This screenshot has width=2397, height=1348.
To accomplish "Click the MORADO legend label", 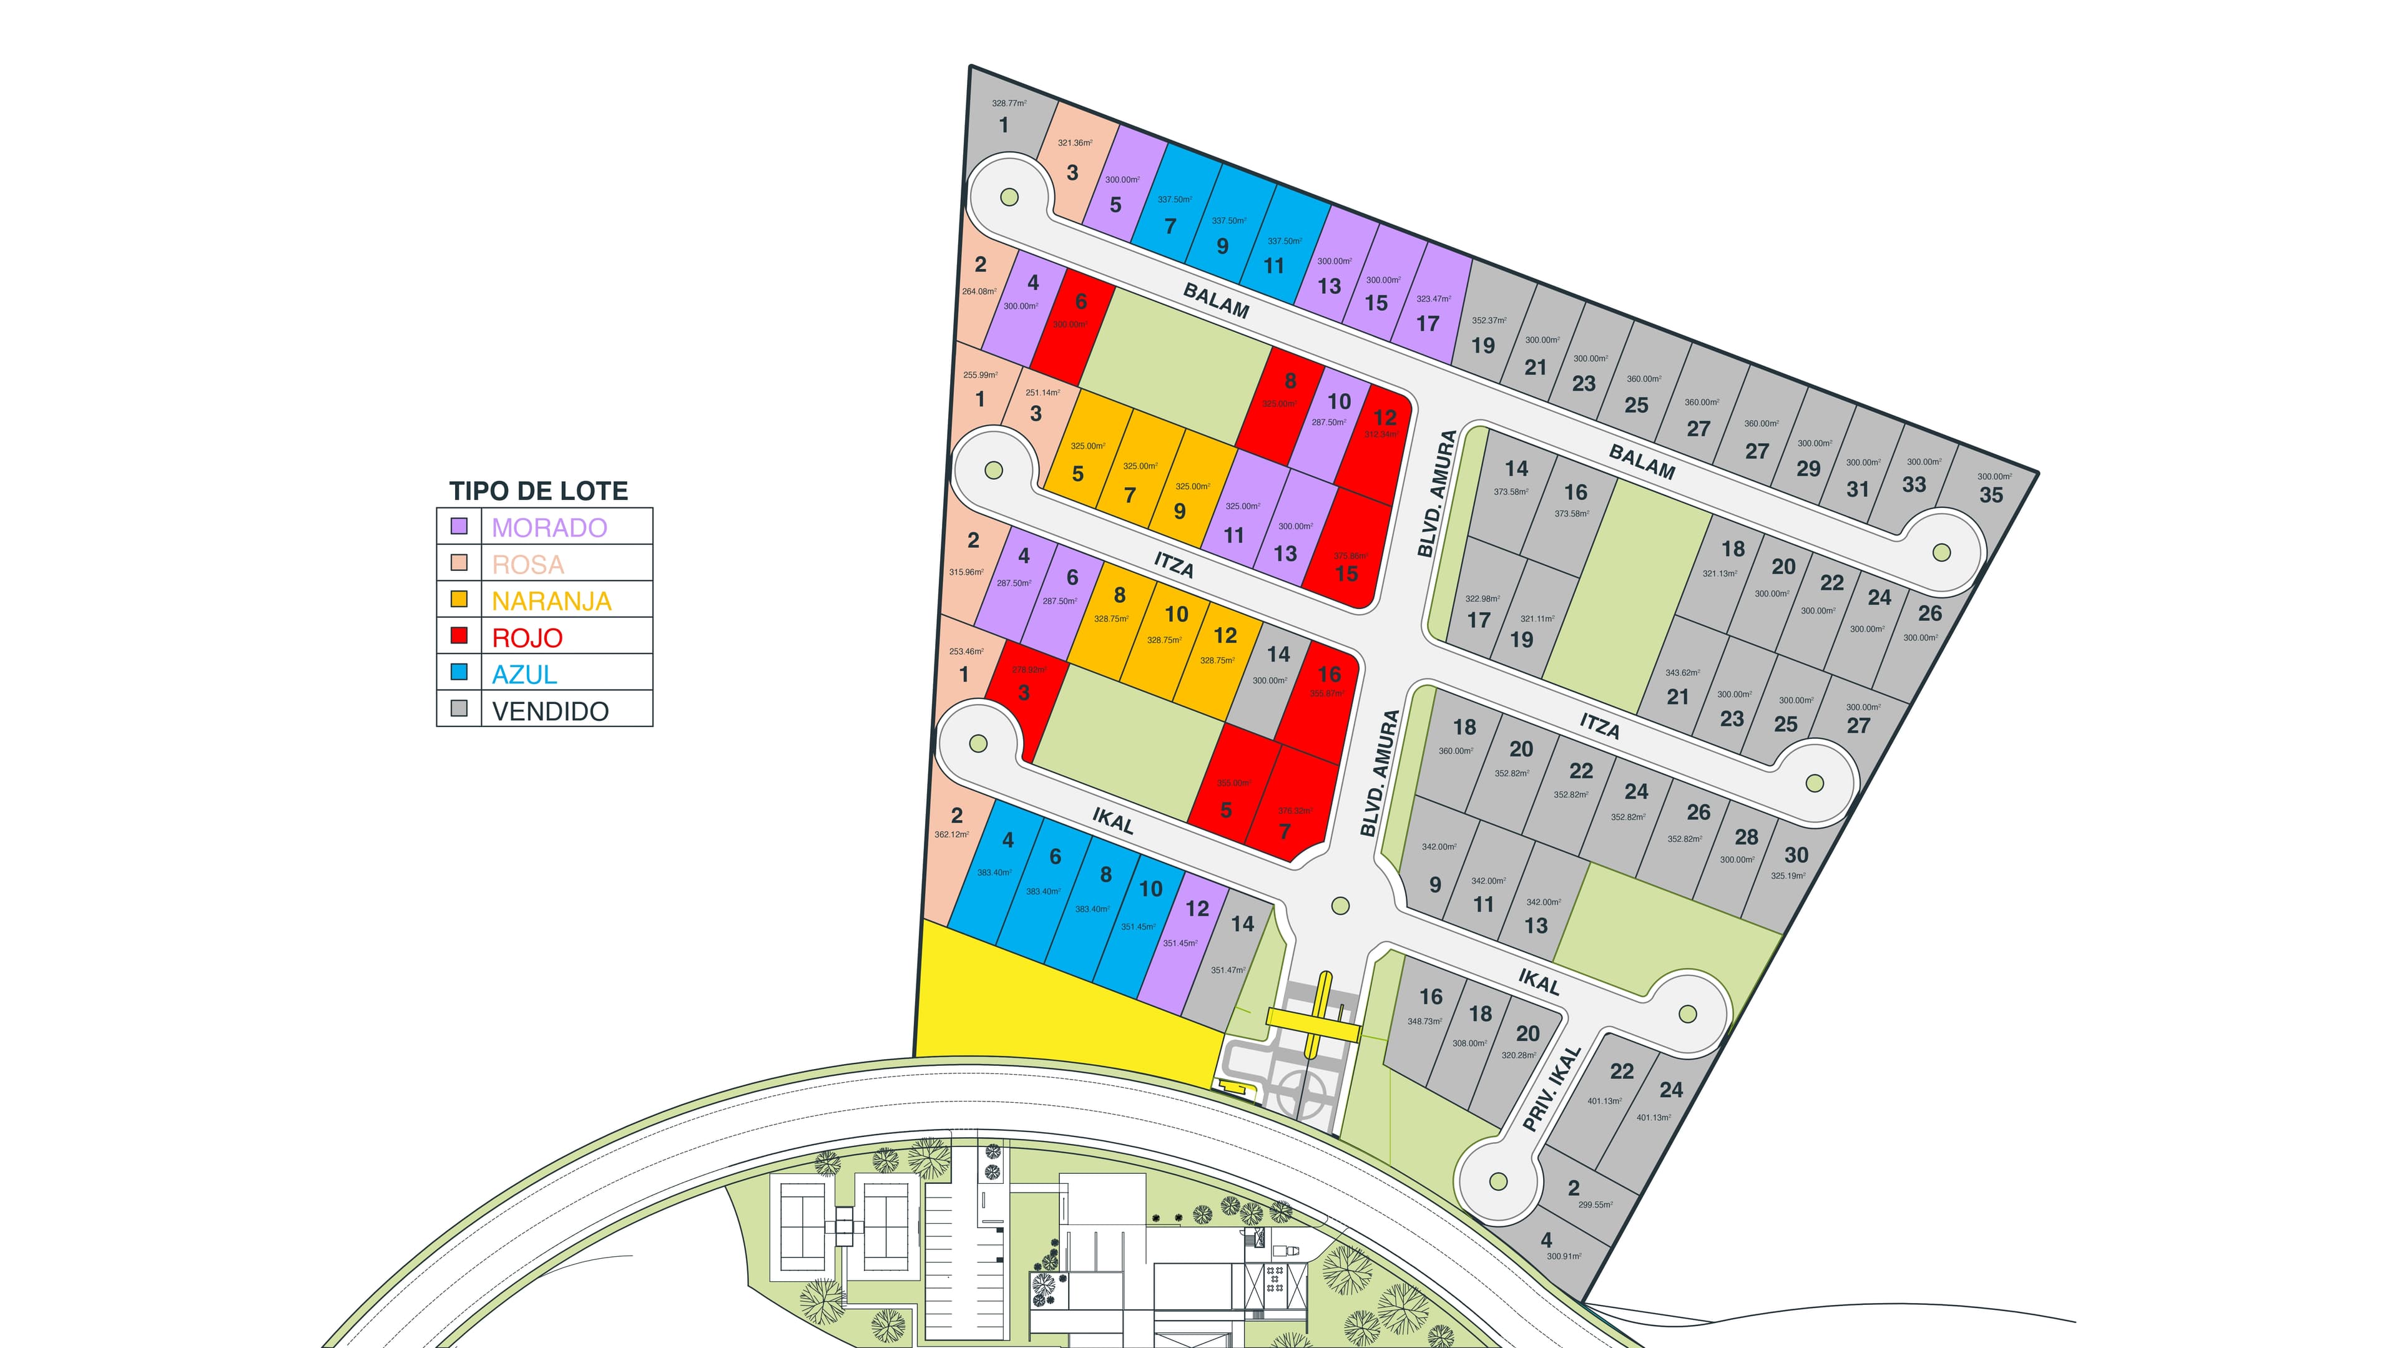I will click(x=549, y=527).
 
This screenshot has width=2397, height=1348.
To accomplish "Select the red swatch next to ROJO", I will click(x=459, y=635).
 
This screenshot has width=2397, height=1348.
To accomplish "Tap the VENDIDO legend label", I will click(x=550, y=711).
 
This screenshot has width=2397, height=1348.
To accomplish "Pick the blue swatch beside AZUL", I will click(x=459, y=672).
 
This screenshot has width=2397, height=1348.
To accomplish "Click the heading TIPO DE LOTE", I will click(x=538, y=491).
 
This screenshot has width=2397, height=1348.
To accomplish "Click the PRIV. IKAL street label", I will click(x=1552, y=1088).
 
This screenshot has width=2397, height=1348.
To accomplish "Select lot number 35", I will click(x=1991, y=495).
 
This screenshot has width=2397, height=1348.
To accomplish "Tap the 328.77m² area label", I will click(x=1009, y=103).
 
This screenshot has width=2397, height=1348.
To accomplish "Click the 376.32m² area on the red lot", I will click(x=1295, y=810).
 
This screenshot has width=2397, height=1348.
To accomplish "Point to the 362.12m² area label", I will click(x=951, y=834).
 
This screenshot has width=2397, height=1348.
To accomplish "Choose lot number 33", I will click(x=1913, y=485).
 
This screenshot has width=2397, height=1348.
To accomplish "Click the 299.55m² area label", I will click(x=1595, y=1204).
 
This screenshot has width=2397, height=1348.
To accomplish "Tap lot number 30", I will click(x=1796, y=855).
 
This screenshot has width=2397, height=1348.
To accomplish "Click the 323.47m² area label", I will click(x=1433, y=300).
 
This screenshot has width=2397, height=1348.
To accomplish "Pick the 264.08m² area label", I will click(x=979, y=291).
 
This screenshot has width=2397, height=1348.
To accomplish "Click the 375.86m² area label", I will click(x=1350, y=556).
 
